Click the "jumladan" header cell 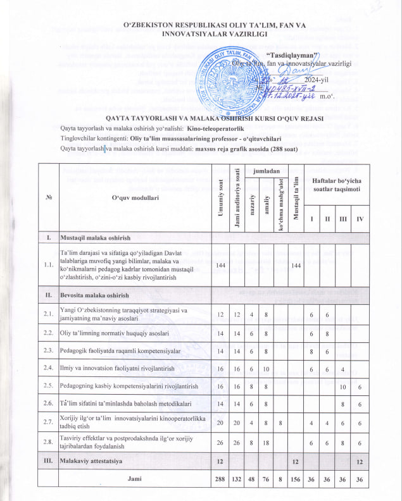coord(260,171)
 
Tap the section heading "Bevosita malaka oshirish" coord(94,295)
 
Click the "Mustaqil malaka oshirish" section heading coord(95,237)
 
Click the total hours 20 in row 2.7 coord(220,424)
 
